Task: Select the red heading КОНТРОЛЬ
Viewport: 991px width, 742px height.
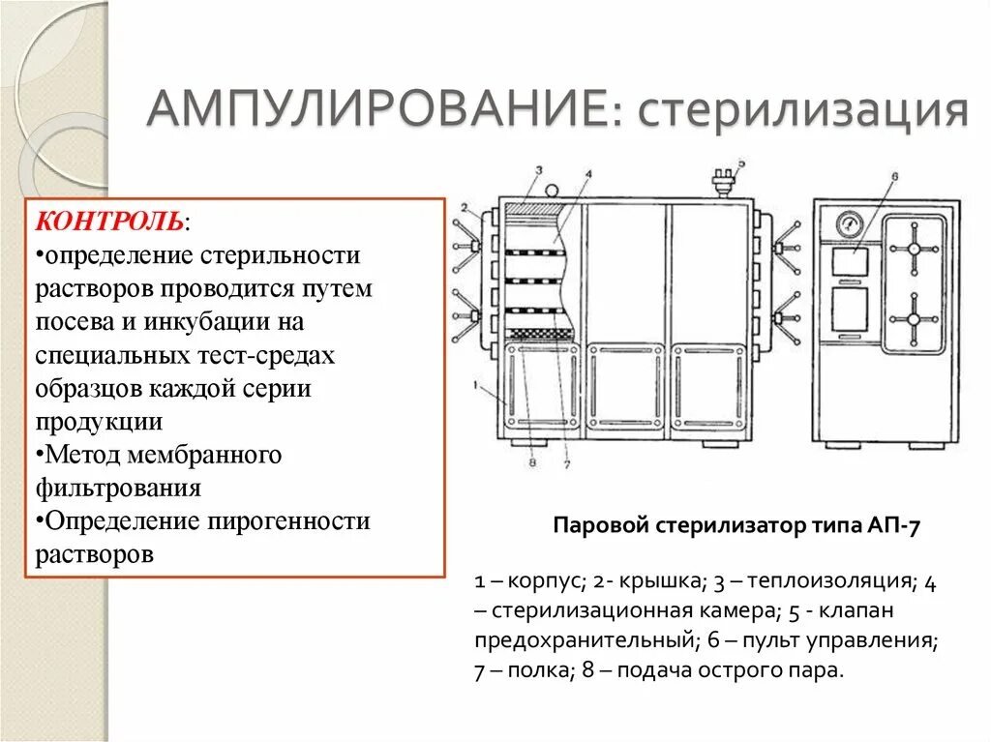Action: pos(108,221)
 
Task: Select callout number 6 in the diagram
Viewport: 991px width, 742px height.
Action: pos(894,176)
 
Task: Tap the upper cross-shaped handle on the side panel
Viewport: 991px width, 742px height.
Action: pos(912,249)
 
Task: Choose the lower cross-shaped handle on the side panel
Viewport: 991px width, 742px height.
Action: pos(912,320)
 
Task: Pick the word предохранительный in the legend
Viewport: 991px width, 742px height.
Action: pos(584,640)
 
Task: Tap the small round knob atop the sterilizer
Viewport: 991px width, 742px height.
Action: pos(553,189)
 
